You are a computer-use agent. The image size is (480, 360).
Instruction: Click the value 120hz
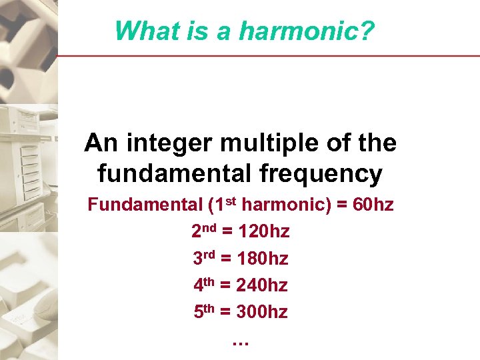click(x=265, y=232)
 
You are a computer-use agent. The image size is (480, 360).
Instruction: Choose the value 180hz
click(x=263, y=259)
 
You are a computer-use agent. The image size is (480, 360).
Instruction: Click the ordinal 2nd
click(x=203, y=231)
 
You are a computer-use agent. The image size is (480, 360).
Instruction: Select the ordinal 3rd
click(x=204, y=258)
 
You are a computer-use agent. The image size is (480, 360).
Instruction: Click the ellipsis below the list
click(x=240, y=343)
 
